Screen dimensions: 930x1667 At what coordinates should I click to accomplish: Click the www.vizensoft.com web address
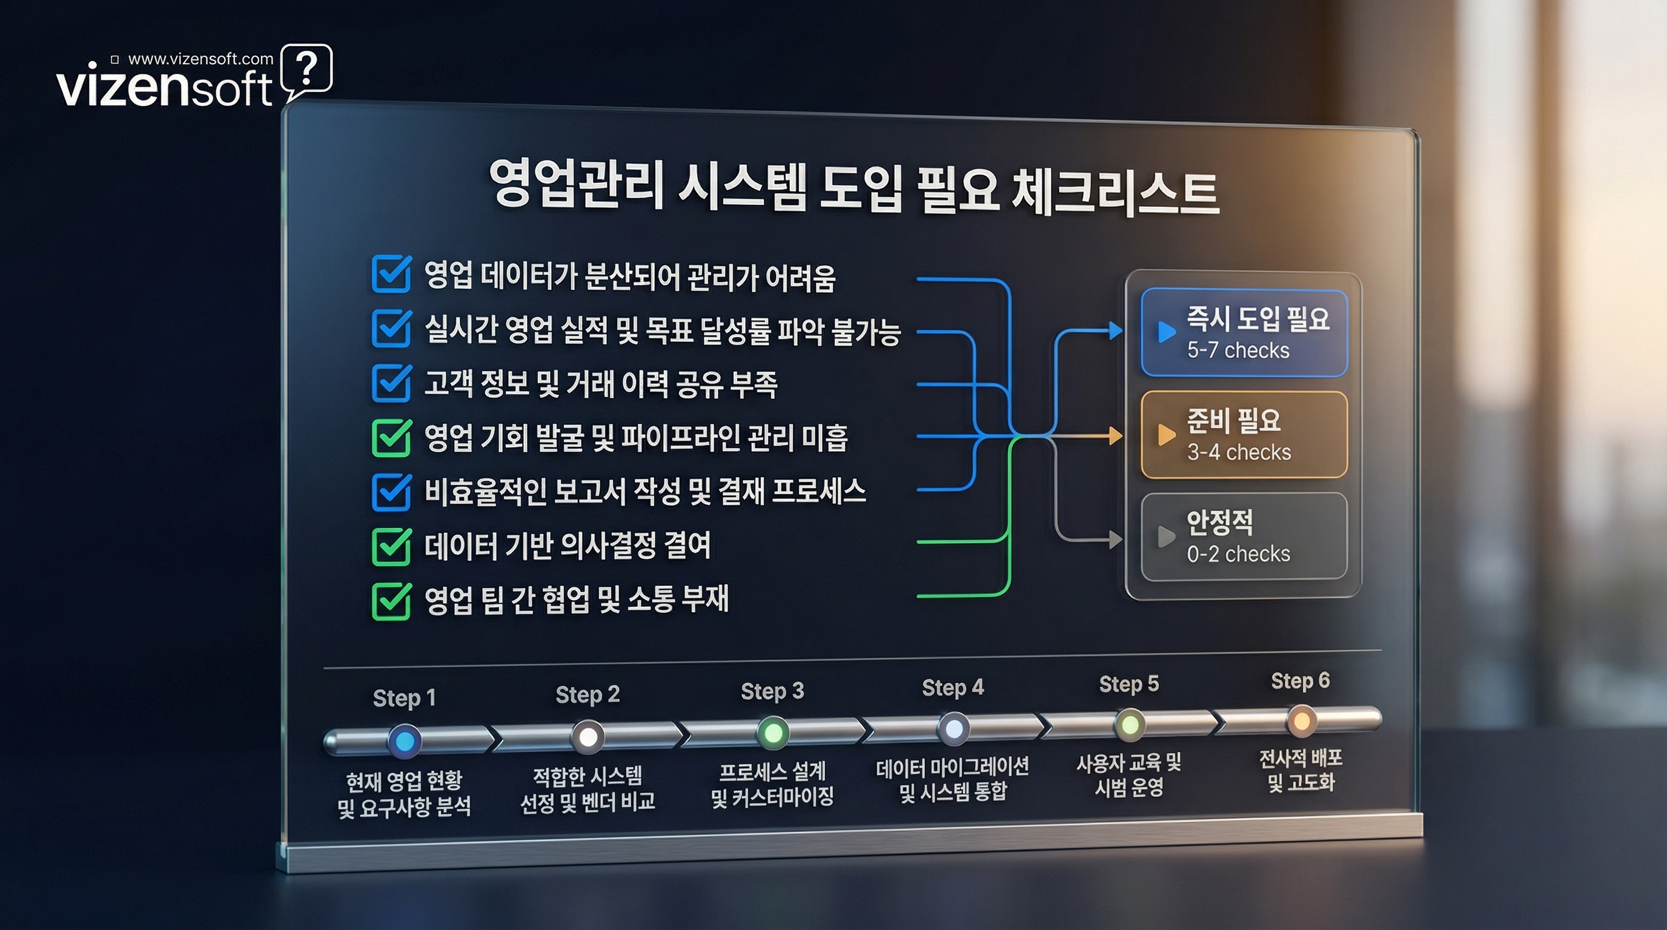point(201,59)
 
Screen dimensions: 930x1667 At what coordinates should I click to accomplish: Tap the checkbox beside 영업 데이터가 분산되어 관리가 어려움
point(391,274)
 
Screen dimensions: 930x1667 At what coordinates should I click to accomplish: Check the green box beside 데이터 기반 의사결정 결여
point(391,547)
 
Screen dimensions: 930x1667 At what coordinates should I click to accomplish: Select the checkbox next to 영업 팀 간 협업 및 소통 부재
point(391,601)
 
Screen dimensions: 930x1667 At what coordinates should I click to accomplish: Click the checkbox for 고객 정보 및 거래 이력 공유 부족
point(391,383)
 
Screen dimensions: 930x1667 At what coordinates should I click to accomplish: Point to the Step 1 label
point(405,698)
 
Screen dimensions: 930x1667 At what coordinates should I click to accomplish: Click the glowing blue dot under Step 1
point(405,741)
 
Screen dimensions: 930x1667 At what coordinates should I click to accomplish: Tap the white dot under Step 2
point(588,737)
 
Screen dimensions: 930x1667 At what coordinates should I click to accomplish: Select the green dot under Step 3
point(773,733)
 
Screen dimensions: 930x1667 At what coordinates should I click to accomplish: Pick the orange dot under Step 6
point(1301,721)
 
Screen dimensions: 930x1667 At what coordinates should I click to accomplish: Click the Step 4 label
point(953,687)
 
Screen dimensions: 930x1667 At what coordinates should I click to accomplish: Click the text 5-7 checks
point(1238,351)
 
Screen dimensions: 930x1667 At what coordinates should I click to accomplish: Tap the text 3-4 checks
point(1239,452)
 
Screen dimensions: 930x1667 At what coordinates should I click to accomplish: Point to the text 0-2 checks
point(1238,554)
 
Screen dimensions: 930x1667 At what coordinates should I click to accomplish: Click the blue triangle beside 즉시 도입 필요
point(1166,331)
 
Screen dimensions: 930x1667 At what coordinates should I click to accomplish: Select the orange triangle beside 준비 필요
point(1166,434)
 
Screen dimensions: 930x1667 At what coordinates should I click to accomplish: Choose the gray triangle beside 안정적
point(1166,536)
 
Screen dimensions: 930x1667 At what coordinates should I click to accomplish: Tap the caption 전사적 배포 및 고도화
point(1301,770)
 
